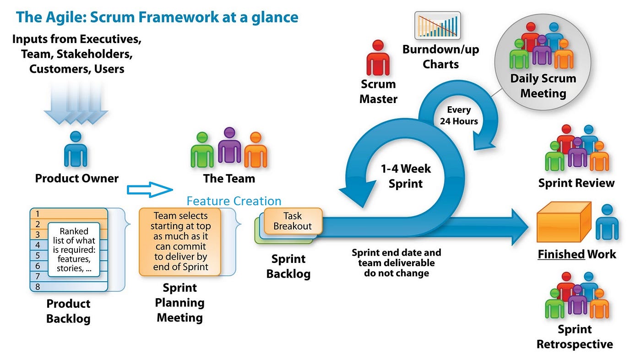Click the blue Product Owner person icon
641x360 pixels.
[76, 149]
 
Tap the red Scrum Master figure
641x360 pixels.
[378, 58]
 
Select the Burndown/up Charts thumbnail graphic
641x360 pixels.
[437, 25]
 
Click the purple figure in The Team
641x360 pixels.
[229, 147]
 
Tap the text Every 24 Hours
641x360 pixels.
[458, 115]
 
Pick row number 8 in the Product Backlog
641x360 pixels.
[69, 287]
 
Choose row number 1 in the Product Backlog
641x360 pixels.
[69, 213]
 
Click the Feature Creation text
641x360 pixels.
[234, 201]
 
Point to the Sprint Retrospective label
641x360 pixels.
[575, 337]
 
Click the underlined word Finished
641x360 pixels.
[561, 254]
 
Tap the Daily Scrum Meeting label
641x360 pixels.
[543, 86]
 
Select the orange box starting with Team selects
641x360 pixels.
[180, 241]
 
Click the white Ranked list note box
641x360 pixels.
[74, 250]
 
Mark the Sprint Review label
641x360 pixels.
[576, 183]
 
